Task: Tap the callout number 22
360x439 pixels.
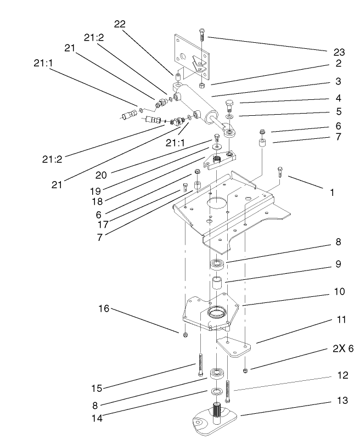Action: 120,24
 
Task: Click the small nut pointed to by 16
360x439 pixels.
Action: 185,334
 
